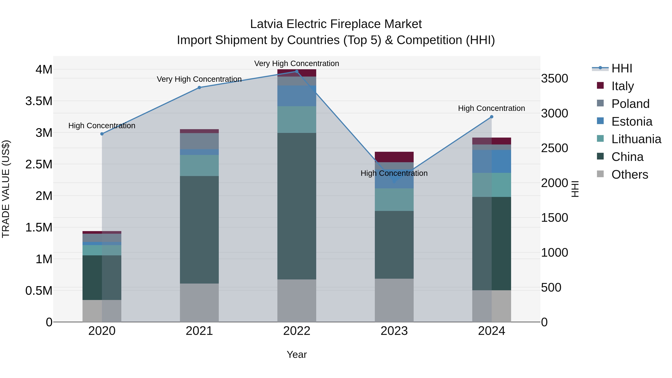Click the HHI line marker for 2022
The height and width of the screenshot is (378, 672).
[x=297, y=71]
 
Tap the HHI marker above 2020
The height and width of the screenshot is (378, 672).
[x=102, y=134]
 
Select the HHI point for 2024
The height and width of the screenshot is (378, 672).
[x=491, y=117]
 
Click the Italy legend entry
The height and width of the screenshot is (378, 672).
[x=622, y=86]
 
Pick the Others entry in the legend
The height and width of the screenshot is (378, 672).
[x=629, y=175]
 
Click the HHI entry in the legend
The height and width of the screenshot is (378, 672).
[x=621, y=68]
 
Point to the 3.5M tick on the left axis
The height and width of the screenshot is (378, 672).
[x=39, y=101]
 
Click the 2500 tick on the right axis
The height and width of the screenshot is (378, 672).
[x=554, y=148]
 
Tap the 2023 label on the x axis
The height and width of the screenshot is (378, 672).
[x=394, y=331]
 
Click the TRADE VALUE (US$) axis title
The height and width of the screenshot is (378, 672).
[x=6, y=189]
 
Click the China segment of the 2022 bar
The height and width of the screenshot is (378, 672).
[x=297, y=206]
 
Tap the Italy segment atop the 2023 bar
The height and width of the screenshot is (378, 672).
[x=394, y=157]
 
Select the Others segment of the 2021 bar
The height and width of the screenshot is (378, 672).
[x=199, y=303]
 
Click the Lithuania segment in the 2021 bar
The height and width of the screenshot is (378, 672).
[x=199, y=165]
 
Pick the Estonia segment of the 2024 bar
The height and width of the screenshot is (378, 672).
[x=491, y=161]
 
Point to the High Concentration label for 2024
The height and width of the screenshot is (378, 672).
[x=491, y=108]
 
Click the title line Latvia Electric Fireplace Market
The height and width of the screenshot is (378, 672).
[x=336, y=24]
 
